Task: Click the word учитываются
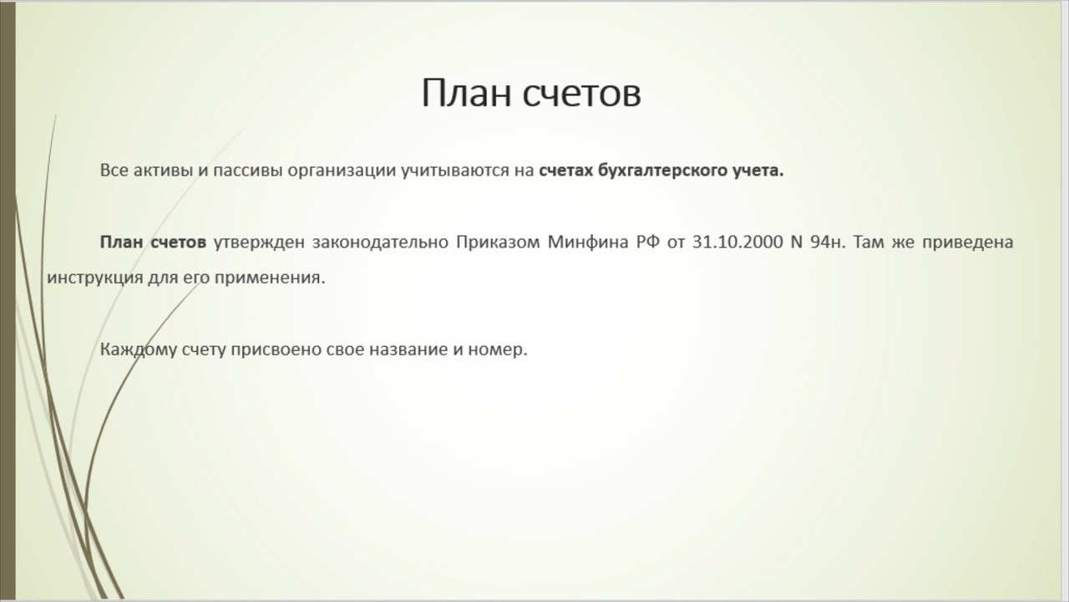point(455,171)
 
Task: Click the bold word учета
point(758,171)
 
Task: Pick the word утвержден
point(259,243)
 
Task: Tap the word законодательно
point(380,243)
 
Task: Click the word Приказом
point(498,243)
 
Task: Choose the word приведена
point(967,243)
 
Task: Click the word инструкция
point(95,278)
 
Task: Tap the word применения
point(270,278)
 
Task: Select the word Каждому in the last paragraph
point(139,350)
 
